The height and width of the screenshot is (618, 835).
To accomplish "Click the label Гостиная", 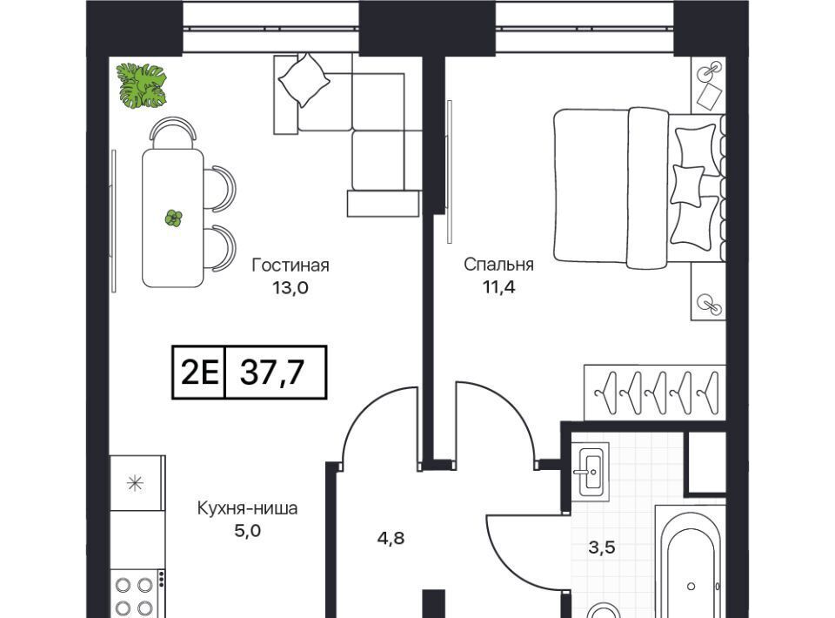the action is [x=291, y=265].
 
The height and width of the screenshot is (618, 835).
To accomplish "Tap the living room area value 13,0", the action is [x=291, y=288].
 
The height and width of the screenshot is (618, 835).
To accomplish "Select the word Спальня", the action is [x=498, y=265].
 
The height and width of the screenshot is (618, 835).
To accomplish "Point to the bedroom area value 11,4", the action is [x=499, y=287].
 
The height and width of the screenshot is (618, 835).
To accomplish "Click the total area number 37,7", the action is [x=272, y=372].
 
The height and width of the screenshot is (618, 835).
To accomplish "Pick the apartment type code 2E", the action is [x=200, y=372].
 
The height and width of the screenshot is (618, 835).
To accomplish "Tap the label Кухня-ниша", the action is [x=248, y=508].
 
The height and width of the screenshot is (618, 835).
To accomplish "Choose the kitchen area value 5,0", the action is [x=248, y=531].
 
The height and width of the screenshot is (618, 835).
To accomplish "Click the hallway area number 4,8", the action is [x=391, y=538].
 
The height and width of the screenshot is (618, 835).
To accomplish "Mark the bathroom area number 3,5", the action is [x=602, y=547].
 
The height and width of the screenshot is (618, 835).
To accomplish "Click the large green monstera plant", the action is [x=142, y=86].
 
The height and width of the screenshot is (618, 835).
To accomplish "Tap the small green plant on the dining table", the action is [x=174, y=218].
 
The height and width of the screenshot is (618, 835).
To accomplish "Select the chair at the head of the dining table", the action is [x=173, y=132].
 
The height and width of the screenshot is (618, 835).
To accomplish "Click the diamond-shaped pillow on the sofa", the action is [x=304, y=80].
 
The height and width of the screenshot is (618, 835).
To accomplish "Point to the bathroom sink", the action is [x=591, y=469].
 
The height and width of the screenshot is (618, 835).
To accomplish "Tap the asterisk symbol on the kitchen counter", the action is [x=136, y=483].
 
